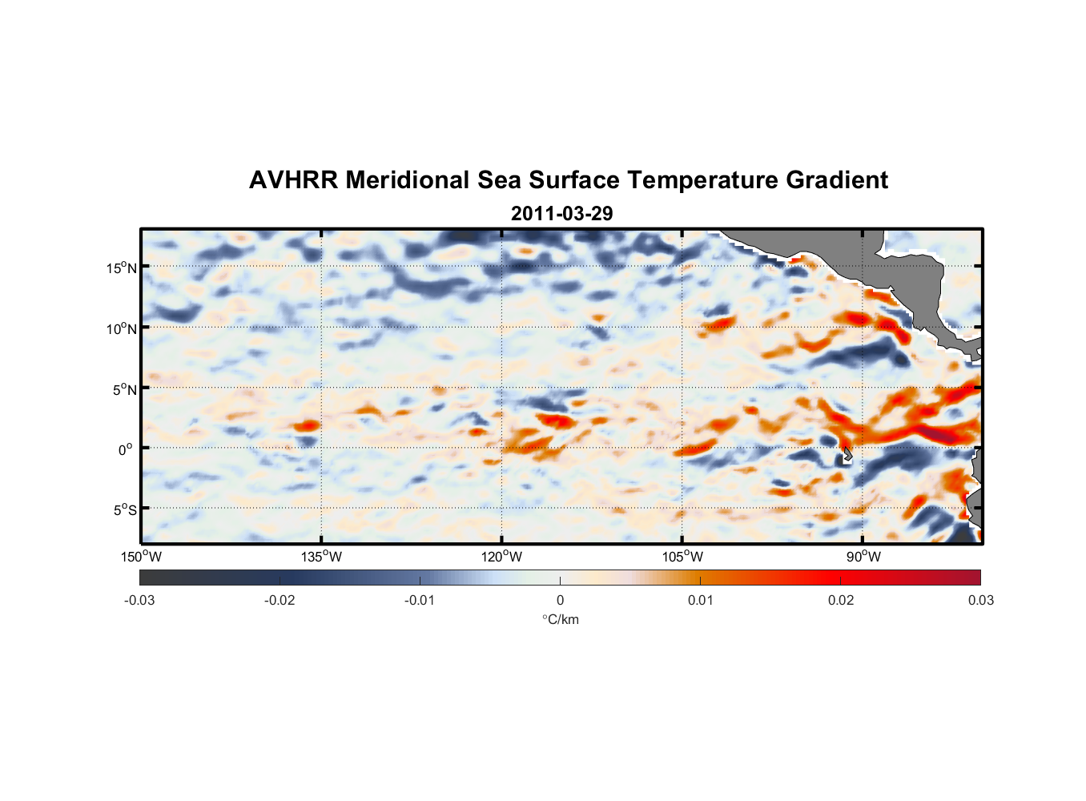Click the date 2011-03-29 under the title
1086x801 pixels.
point(561,214)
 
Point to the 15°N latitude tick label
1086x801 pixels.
point(122,268)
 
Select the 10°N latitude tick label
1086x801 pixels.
point(122,328)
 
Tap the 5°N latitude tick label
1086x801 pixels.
point(124,389)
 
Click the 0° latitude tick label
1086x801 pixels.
point(126,450)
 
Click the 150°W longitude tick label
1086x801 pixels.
point(141,557)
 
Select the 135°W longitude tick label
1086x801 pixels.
point(321,557)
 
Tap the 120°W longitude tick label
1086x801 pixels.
point(502,557)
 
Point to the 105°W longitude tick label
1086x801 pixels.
point(682,557)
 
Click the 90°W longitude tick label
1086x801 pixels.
point(863,557)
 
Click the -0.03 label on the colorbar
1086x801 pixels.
point(139,600)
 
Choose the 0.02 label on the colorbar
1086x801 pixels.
point(841,600)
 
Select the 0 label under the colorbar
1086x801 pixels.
point(560,600)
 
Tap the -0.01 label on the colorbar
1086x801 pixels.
point(420,600)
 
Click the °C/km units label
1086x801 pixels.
point(561,619)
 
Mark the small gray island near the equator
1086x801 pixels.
point(847,455)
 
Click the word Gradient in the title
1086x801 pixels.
point(837,180)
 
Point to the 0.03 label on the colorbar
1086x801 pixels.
point(980,600)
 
